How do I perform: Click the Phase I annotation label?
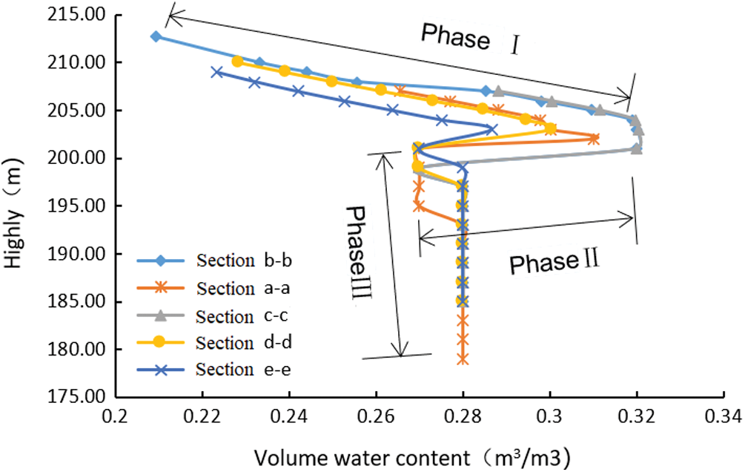(468, 36)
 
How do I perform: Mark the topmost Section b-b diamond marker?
(156, 36)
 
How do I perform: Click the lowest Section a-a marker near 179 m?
(463, 358)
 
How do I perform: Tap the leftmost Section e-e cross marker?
(216, 72)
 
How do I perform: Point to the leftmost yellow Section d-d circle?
(237, 62)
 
